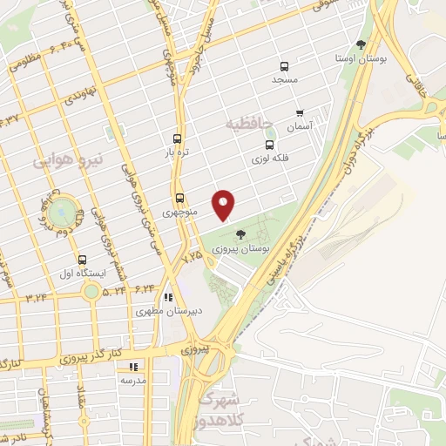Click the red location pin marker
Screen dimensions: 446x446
[225, 205]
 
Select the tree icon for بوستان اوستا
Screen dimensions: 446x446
[361, 44]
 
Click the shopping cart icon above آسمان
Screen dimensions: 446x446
[300, 112]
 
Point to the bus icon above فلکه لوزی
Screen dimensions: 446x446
[269, 145]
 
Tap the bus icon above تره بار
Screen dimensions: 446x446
[178, 138]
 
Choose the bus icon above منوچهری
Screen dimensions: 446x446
[180, 198]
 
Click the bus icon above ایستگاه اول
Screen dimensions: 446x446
[83, 259]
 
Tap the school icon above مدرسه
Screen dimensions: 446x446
[133, 367]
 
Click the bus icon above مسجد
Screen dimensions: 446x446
[284, 66]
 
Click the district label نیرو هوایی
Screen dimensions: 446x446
[69, 161]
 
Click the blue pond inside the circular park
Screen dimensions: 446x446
[60, 213]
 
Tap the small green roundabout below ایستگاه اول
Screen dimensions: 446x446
[91, 290]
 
